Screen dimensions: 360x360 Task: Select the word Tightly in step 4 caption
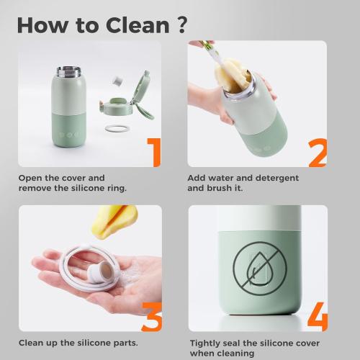[205, 343]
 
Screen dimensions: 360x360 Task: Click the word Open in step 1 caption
[30, 177]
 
